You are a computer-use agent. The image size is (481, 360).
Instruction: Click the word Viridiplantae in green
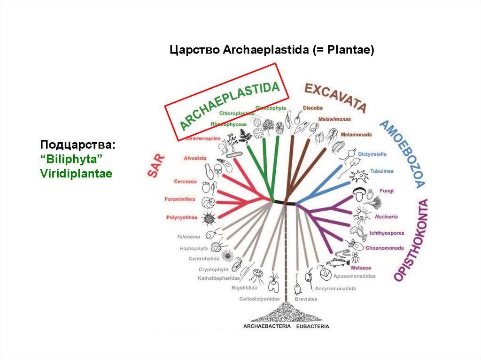(76, 174)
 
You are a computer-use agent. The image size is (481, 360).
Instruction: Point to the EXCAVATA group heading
(335, 97)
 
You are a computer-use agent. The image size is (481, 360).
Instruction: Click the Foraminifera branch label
(180, 199)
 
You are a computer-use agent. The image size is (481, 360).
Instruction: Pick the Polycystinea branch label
(181, 217)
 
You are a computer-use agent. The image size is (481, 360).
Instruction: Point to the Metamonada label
(356, 135)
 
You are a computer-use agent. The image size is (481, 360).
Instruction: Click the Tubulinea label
(381, 171)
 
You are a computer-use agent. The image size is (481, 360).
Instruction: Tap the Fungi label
(388, 191)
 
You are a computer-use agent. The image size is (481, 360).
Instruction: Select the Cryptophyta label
(213, 269)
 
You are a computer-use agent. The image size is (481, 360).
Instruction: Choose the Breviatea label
(306, 299)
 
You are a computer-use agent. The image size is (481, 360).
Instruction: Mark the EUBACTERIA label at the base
(313, 326)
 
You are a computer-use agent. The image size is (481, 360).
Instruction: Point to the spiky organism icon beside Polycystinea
(208, 218)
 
